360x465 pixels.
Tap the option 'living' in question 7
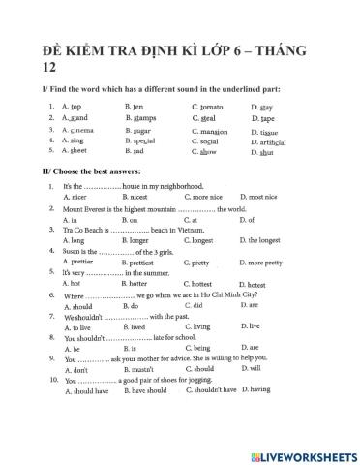(x=204, y=326)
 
